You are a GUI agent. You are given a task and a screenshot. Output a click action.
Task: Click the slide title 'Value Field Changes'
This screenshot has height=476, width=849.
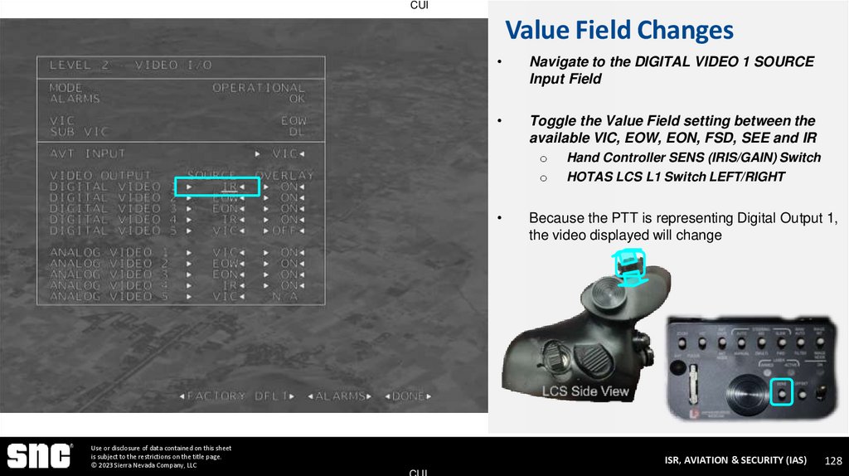[619, 31]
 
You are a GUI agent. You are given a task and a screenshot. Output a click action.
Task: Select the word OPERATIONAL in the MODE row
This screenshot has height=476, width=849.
[259, 87]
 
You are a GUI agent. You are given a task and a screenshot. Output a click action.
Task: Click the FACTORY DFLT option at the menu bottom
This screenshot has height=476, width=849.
[237, 396]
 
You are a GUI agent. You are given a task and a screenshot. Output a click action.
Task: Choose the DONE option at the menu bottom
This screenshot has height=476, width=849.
[408, 396]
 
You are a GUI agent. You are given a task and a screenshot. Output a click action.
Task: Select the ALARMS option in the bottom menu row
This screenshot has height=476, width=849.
[342, 396]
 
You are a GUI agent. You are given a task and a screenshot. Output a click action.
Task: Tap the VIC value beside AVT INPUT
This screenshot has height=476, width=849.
[284, 153]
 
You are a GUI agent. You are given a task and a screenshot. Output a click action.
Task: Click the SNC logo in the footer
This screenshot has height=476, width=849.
[38, 455]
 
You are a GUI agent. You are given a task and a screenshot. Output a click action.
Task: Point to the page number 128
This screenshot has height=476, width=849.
[833, 460]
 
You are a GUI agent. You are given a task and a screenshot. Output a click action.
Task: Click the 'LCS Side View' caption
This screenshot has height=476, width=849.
[585, 391]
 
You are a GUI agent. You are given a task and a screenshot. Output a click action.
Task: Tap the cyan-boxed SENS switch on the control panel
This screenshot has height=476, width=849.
[782, 392]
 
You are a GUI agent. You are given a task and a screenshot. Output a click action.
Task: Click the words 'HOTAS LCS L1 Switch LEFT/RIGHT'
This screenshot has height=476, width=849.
[676, 177]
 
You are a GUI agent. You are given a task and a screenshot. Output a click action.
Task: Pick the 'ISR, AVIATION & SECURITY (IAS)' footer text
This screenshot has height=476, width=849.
[735, 460]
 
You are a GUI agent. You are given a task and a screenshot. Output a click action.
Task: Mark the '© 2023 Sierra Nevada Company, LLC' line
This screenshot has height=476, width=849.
[143, 465]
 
